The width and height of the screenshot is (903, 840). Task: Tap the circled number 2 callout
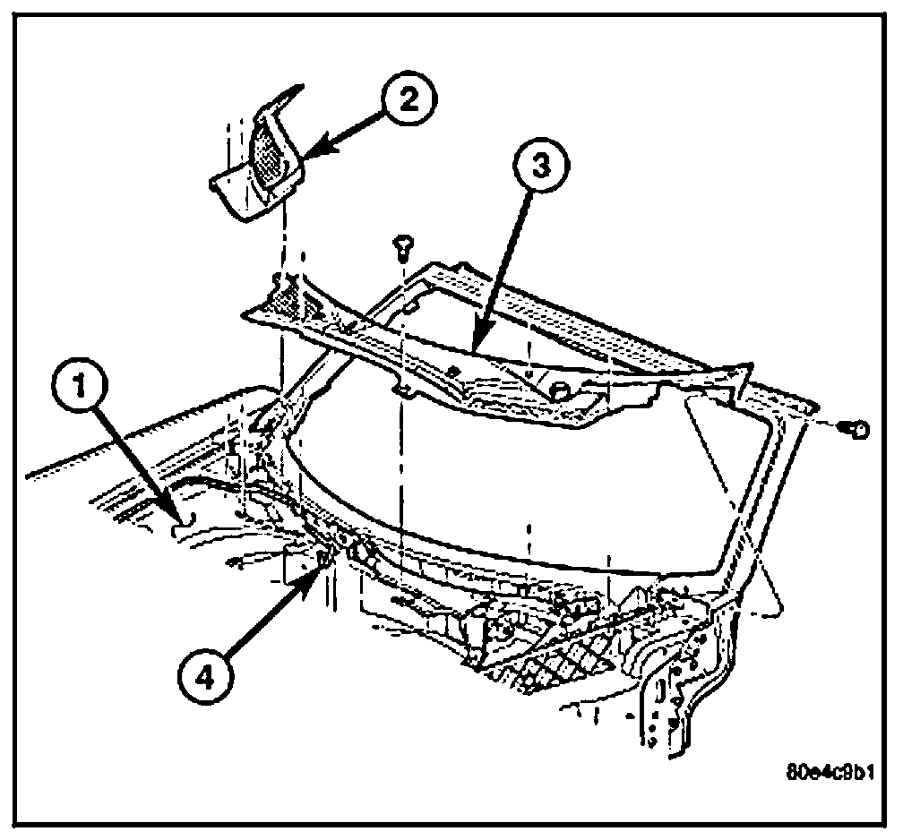(x=407, y=100)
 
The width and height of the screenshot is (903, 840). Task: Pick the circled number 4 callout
(x=206, y=675)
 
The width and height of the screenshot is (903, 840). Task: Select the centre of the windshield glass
(x=502, y=484)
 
